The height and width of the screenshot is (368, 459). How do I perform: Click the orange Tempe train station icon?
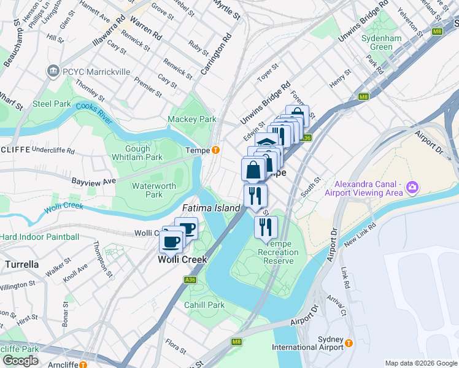pos(215,150)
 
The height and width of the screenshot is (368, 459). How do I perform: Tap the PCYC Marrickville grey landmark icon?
pos(53,72)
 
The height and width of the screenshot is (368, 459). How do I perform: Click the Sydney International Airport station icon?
pos(349,343)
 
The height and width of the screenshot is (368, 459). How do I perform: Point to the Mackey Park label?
pos(192,118)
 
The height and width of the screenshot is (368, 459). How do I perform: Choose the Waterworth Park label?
pos(153,190)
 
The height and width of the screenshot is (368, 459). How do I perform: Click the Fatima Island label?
pos(211,208)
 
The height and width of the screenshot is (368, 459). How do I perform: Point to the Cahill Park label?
pos(204,305)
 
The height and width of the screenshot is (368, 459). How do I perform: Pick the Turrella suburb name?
pos(22,264)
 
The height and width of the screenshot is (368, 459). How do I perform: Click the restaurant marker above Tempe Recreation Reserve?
pos(266,228)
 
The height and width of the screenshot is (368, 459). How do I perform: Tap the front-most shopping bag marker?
pos(253,169)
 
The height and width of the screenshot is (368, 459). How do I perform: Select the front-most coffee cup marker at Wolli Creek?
pos(171,240)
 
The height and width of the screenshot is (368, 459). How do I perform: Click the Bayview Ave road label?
pos(93,182)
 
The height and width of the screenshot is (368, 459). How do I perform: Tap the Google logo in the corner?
pos(20,361)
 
